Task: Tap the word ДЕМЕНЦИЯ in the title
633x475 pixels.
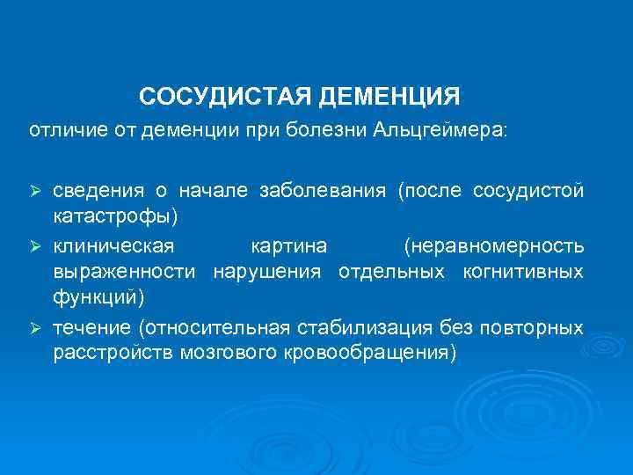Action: [x=388, y=94]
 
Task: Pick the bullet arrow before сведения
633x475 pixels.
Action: [x=36, y=192]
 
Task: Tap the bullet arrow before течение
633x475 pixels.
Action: [x=36, y=328]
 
